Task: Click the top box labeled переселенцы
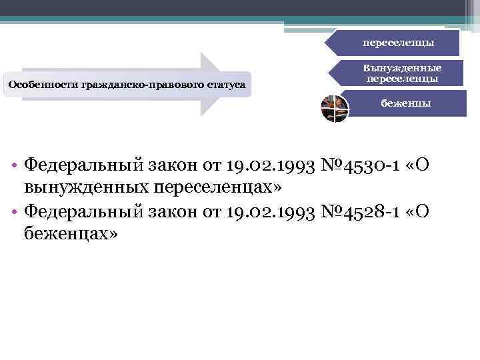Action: click(398, 43)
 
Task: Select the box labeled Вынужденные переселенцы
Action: click(402, 73)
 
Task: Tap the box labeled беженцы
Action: click(405, 103)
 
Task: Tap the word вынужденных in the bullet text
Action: click(85, 187)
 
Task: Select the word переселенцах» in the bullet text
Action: click(213, 187)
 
